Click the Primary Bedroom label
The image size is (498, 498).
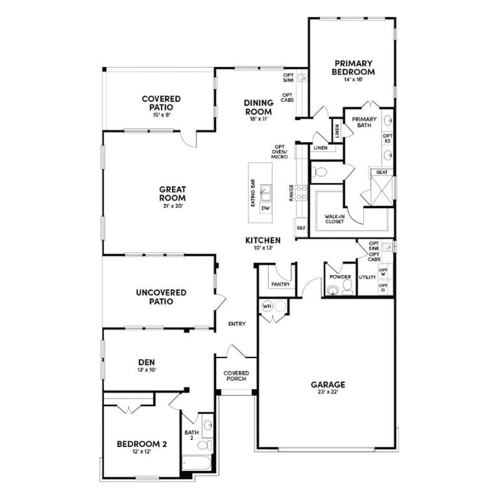[x=353, y=68]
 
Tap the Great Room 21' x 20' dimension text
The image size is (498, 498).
[x=173, y=206]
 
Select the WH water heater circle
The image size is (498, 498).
[x=267, y=306]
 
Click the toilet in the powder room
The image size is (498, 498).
[x=347, y=287]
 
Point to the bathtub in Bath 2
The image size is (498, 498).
[x=197, y=463]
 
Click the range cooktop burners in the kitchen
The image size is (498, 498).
[x=301, y=193]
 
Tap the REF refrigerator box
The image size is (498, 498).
[x=301, y=228]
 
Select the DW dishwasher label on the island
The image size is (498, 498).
[x=266, y=208]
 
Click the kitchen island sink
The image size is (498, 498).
[x=266, y=193]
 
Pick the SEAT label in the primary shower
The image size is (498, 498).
[x=382, y=172]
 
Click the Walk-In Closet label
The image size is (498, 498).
[x=335, y=219]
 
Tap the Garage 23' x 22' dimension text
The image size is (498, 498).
[x=328, y=392]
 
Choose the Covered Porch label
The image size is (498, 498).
[x=236, y=376]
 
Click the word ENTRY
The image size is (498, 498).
[x=237, y=324]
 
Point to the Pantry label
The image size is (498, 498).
[x=281, y=284]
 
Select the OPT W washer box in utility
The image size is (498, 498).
[x=383, y=272]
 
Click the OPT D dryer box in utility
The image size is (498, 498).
[x=383, y=288]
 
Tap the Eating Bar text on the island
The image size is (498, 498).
[x=253, y=193]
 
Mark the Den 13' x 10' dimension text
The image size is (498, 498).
[x=147, y=370]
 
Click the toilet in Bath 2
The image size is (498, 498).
[x=205, y=445]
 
